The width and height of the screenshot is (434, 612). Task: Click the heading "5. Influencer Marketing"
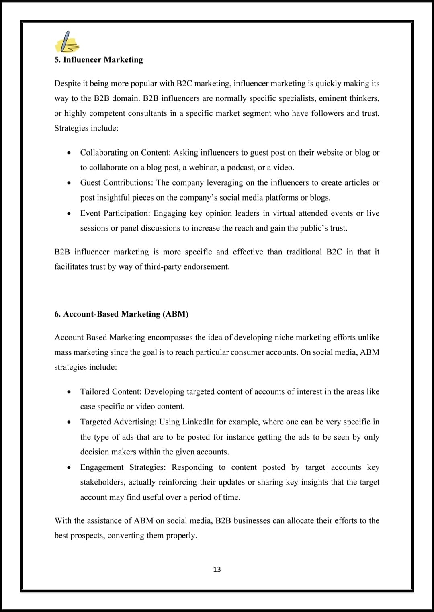tap(98, 60)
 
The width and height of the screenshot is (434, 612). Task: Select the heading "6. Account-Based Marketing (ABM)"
tap(121, 314)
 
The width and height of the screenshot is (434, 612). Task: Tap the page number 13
tap(217, 569)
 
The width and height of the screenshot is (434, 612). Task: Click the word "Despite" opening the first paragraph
tap(68, 84)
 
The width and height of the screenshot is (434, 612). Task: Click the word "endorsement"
tap(207, 267)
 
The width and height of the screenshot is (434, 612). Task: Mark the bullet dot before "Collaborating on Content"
tap(70, 153)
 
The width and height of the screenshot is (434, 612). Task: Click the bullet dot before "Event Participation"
tap(70, 213)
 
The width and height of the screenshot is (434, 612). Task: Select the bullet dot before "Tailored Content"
tap(70, 392)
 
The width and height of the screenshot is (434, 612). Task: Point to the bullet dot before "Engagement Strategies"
tap(70, 467)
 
